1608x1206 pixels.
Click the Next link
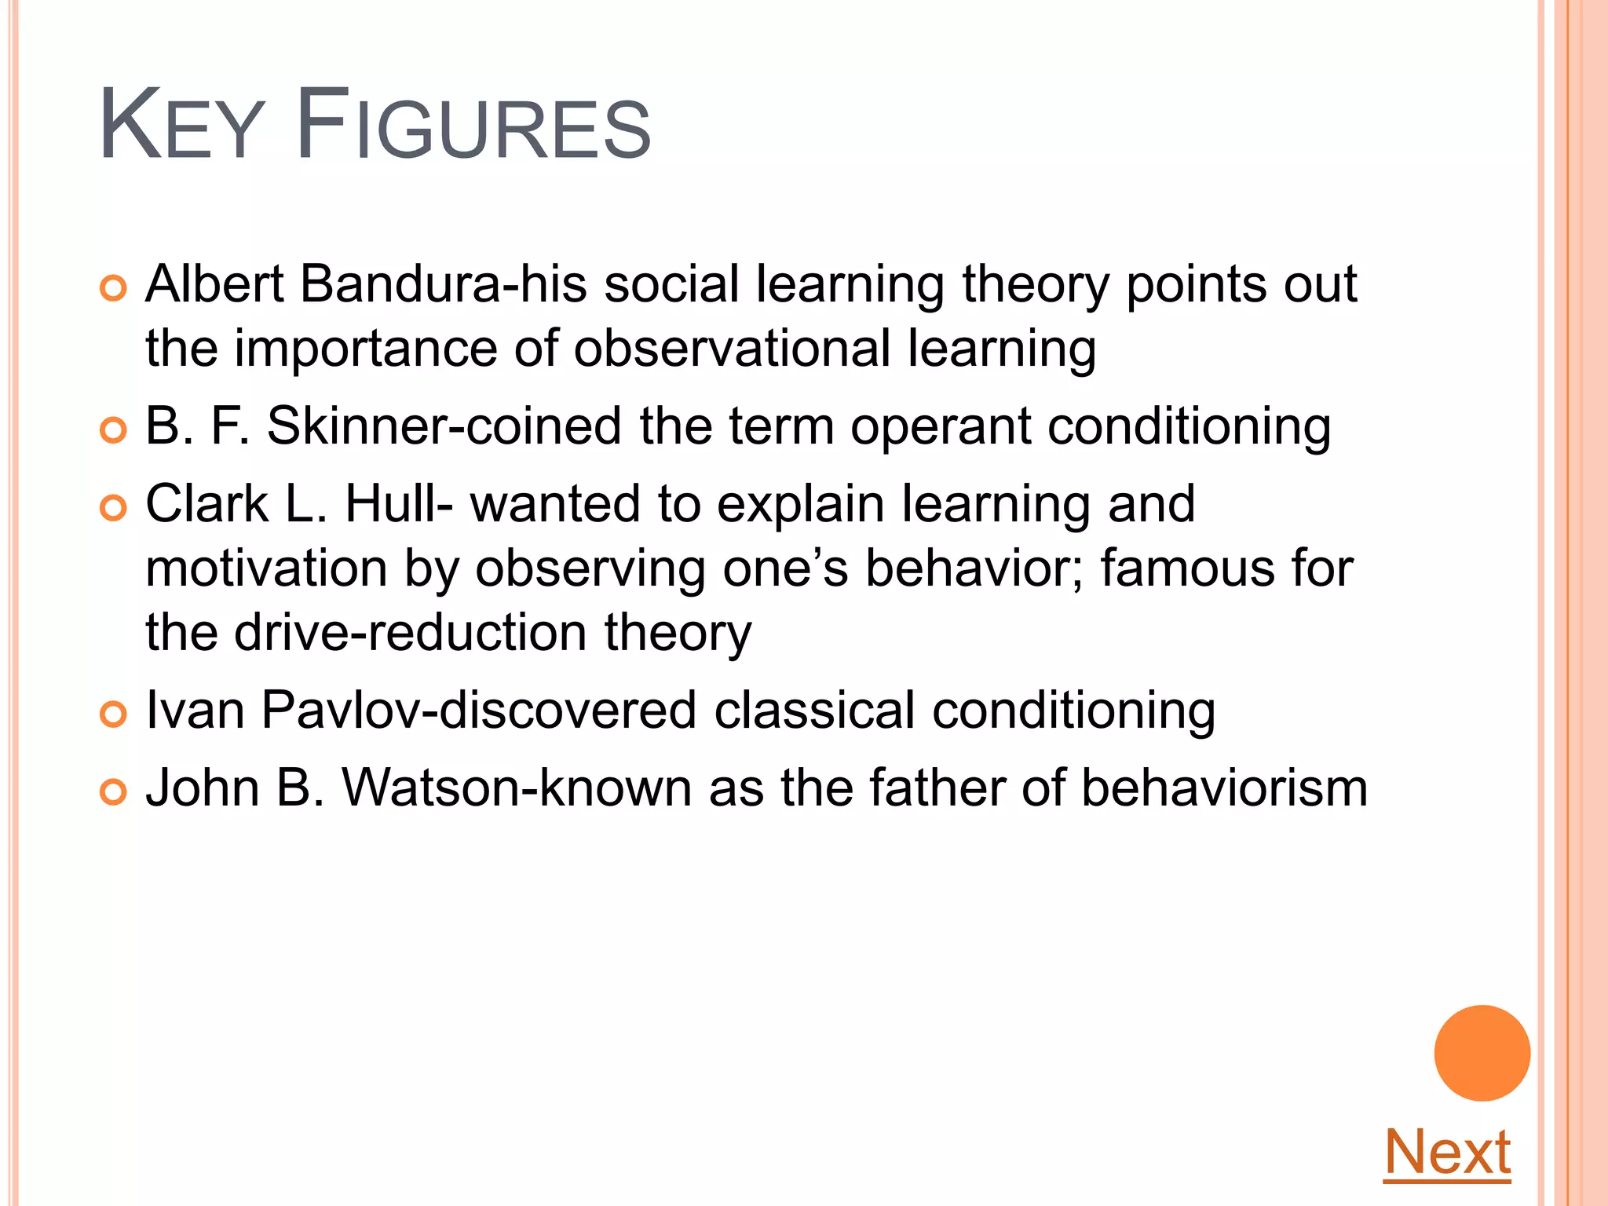tap(1447, 1152)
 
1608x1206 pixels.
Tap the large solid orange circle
tap(1482, 1053)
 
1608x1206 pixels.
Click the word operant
tap(940, 428)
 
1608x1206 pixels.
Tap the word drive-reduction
tap(410, 633)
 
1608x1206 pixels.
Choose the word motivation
tap(266, 568)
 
